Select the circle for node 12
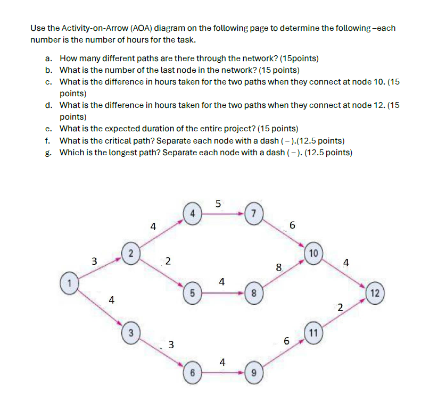coord(376,293)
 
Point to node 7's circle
coord(254,213)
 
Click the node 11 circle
coord(313,333)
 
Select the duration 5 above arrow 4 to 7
coord(219,202)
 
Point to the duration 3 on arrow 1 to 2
coord(94,261)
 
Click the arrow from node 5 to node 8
coord(223,292)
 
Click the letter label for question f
coord(48,141)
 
